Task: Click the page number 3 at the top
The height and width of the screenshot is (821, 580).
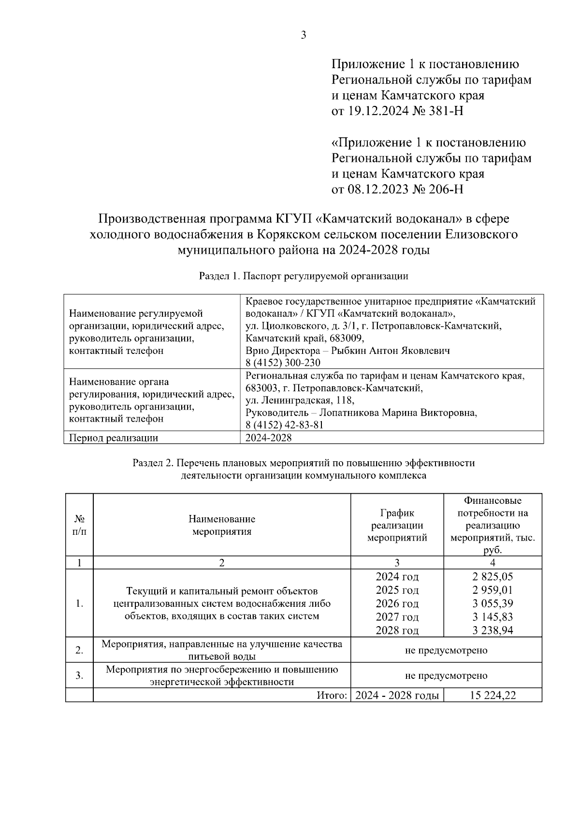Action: click(304, 35)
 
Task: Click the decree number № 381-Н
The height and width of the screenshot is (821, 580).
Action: click(437, 111)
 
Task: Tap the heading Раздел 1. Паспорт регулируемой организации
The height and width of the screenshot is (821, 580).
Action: click(304, 276)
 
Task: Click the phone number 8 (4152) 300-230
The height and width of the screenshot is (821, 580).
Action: click(283, 363)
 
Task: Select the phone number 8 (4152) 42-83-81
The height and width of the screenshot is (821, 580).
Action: click(284, 425)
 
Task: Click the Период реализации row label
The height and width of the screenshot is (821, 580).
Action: click(114, 438)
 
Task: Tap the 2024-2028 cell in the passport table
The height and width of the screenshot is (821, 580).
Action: click(268, 438)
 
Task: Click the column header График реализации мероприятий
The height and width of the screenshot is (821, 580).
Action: click(397, 525)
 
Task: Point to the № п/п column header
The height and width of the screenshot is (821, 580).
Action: click(79, 525)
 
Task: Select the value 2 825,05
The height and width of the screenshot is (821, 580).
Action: click(493, 577)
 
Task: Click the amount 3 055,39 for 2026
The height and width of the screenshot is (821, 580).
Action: click(493, 603)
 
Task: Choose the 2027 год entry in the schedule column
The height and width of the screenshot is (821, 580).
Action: click(397, 617)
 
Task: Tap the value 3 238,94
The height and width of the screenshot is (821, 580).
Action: click(493, 630)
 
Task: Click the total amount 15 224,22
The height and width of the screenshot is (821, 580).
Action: click(493, 696)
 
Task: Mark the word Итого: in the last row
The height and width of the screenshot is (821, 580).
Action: click(332, 696)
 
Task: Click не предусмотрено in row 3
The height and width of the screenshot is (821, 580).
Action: click(446, 675)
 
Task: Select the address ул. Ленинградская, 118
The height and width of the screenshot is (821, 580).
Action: click(300, 401)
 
